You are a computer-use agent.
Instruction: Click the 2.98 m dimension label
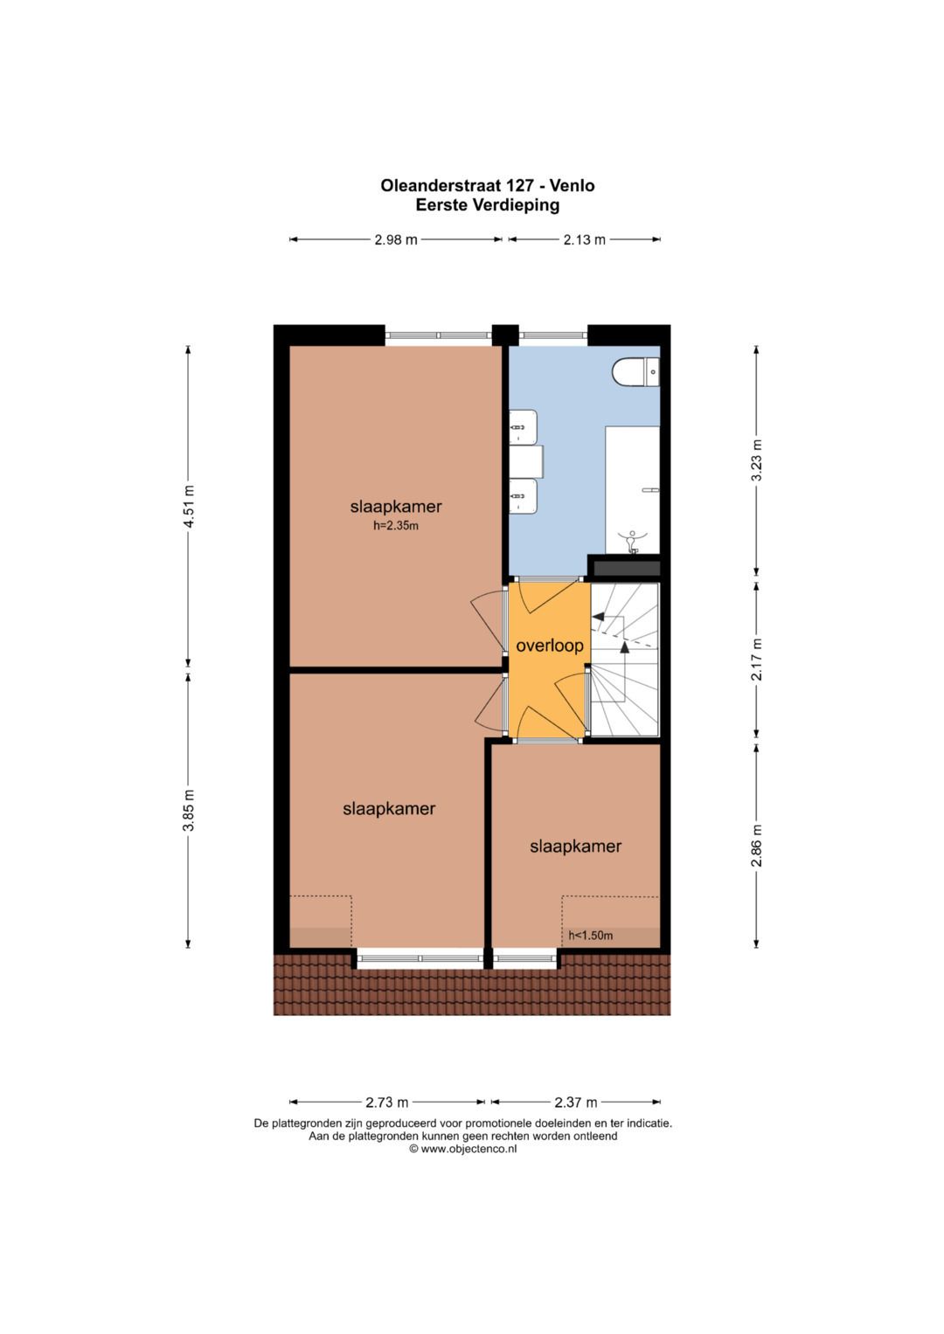point(396,240)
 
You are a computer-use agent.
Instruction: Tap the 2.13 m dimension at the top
point(584,240)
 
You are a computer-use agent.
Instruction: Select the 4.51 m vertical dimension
point(188,507)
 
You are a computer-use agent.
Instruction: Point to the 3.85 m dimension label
point(188,811)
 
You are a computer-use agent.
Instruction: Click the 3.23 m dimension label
point(756,460)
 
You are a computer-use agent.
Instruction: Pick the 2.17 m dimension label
point(756,660)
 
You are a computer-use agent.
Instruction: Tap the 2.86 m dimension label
point(756,846)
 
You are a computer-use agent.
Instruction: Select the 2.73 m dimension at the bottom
point(386,1102)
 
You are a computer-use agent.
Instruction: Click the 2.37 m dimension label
point(576,1102)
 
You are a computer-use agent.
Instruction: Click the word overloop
point(550,646)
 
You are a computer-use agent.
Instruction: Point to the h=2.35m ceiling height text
point(396,526)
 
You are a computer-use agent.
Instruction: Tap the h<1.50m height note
point(590,936)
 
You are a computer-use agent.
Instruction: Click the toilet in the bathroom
point(636,371)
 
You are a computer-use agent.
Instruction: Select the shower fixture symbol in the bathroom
point(633,540)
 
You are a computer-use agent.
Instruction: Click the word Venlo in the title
point(573,186)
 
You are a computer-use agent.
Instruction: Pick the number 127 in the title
point(521,186)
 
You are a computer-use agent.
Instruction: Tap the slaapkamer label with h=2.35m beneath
point(396,507)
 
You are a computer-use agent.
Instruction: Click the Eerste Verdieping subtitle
point(488,205)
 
